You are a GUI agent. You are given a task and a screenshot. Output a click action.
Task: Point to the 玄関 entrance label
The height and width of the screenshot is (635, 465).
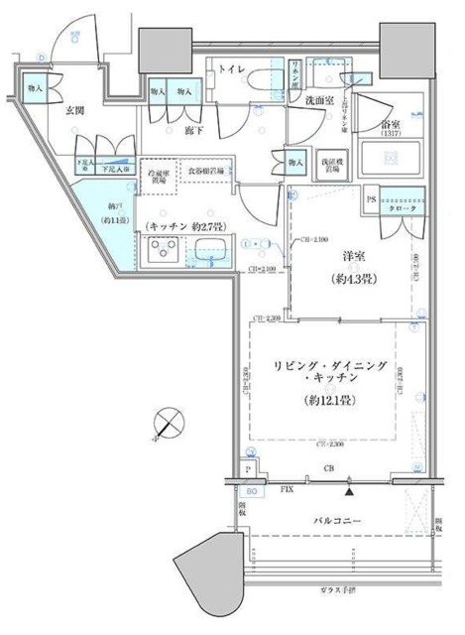tap(80, 111)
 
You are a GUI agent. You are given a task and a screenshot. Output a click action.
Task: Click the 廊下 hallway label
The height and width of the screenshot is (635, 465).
tap(194, 129)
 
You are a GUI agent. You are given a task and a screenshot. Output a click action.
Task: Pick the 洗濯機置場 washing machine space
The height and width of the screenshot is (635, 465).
tap(331, 164)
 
